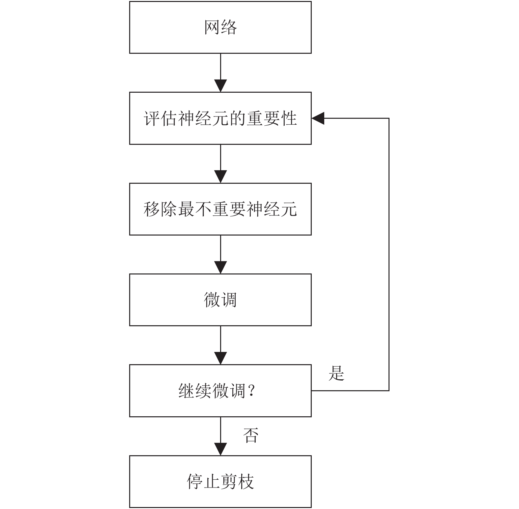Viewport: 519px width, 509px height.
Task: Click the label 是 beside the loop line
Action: click(336, 374)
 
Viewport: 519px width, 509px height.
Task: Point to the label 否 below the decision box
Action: click(251, 435)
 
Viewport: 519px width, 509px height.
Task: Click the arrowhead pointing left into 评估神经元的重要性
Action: click(318, 118)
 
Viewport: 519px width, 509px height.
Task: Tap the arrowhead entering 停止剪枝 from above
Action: click(220, 449)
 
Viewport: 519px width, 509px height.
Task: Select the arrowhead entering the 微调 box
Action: click(220, 268)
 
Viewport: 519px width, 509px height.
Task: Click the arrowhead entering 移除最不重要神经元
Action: click(220, 176)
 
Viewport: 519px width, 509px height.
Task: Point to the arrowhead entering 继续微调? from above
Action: click(220, 358)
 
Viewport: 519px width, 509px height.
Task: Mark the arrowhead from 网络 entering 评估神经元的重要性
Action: click(220, 86)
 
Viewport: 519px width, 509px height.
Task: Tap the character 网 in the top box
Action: click(212, 27)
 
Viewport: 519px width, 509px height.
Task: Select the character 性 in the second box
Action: click(289, 118)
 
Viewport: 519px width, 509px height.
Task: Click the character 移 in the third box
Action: click(152, 209)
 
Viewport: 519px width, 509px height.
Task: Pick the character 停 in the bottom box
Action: click(195, 482)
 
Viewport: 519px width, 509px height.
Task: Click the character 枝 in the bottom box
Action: click(246, 482)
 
